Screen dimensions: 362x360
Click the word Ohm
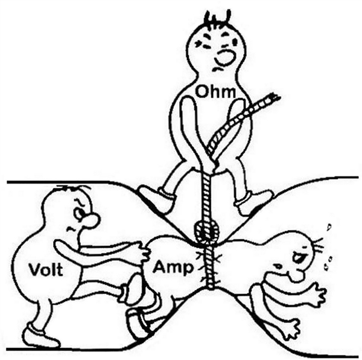click(215, 92)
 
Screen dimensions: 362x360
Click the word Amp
click(173, 268)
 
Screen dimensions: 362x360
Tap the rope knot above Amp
click(206, 232)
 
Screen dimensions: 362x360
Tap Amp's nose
click(299, 275)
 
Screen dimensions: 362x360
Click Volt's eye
click(78, 213)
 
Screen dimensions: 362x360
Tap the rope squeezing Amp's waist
click(209, 266)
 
